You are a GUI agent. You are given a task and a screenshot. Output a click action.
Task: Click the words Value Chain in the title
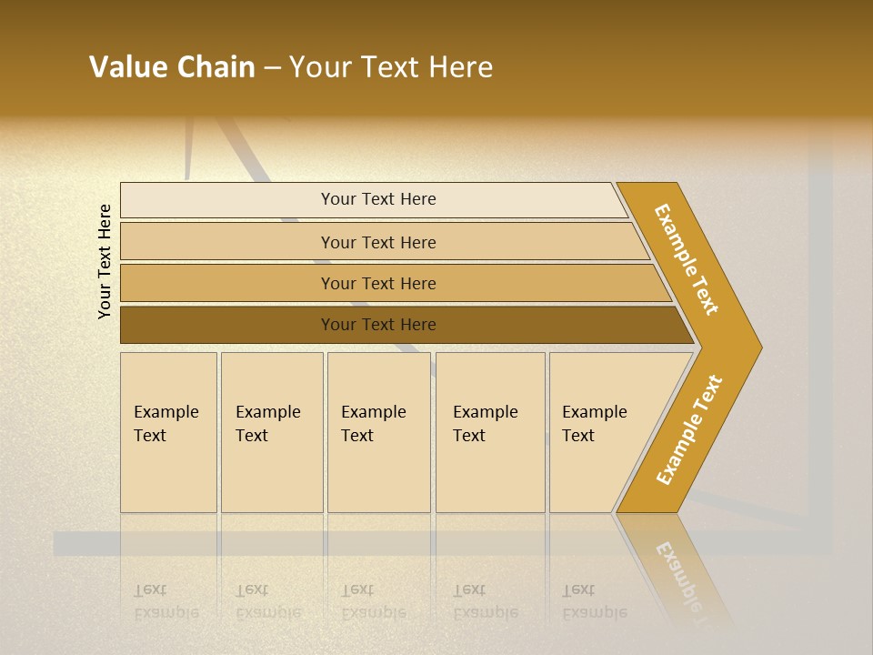(x=172, y=67)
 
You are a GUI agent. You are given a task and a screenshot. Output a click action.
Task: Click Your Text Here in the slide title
(x=391, y=67)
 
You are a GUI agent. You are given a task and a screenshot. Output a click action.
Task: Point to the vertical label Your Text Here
(x=105, y=261)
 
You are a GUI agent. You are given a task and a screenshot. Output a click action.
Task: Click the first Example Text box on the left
(x=168, y=432)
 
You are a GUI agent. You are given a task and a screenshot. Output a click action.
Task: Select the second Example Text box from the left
(x=271, y=432)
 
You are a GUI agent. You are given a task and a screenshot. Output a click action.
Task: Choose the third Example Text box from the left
(x=377, y=432)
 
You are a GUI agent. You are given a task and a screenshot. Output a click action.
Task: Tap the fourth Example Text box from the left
(x=489, y=432)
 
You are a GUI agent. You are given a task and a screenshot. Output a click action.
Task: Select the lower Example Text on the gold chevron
(x=689, y=430)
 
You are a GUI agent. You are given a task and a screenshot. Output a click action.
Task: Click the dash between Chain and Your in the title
(x=272, y=68)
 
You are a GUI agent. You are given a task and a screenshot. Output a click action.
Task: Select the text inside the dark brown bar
(x=378, y=325)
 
